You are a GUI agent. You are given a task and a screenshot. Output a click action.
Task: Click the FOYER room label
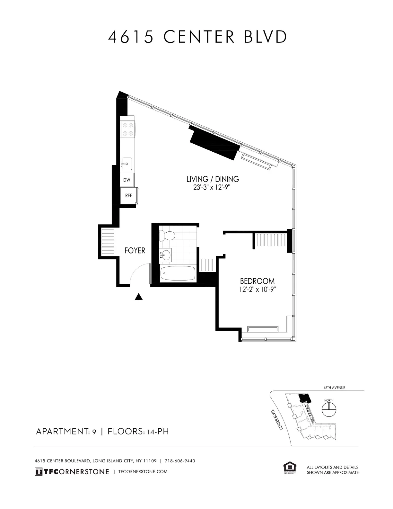[135, 251]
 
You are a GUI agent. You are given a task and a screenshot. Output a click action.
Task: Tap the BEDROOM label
[257, 281]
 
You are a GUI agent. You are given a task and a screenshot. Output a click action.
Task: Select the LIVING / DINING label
[213, 179]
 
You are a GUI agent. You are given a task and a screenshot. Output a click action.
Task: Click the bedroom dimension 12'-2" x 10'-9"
[258, 289]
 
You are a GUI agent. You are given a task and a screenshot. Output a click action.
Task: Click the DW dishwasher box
[127, 180]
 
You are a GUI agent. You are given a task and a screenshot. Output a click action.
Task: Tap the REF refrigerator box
[128, 195]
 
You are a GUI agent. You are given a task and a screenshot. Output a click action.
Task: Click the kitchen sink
[127, 164]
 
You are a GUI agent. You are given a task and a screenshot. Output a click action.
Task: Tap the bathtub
[178, 274]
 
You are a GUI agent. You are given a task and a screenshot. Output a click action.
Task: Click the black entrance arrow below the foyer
[139, 297]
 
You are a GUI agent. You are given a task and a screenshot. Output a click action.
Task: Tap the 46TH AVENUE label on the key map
[334, 388]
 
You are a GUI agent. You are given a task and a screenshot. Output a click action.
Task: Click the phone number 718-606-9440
[180, 461]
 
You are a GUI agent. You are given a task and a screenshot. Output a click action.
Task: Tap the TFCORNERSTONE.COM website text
[143, 471]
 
